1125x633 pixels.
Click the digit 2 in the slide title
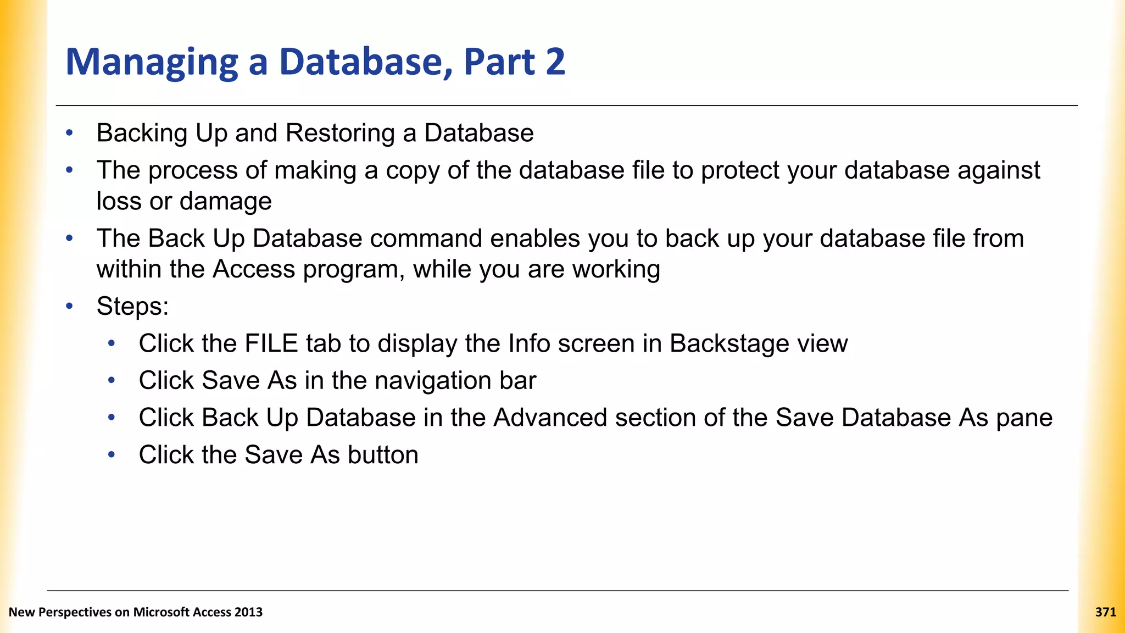tap(555, 62)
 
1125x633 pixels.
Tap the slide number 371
tap(1105, 612)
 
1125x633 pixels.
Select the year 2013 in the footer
tap(248, 612)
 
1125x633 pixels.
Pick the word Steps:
tap(132, 306)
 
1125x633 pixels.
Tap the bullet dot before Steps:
tap(69, 306)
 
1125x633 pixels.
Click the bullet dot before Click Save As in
tap(112, 380)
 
